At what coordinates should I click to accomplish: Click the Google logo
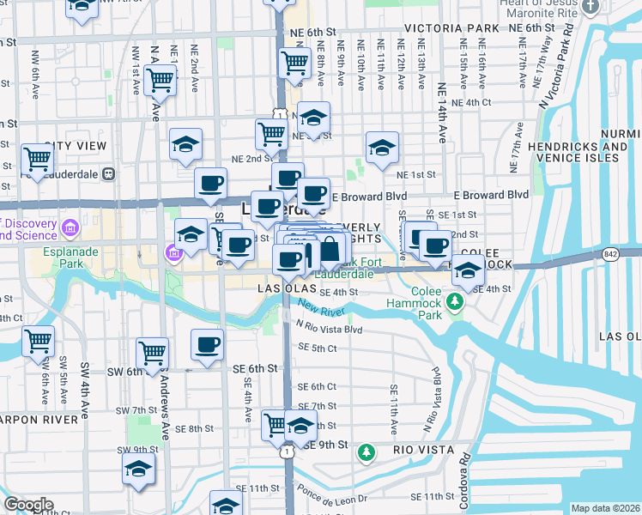[28, 505]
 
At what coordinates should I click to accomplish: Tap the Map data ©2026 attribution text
[604, 508]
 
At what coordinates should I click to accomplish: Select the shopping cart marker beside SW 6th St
[152, 352]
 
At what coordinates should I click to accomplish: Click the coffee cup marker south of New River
[207, 344]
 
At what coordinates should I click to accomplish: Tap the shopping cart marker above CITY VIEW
[38, 159]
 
